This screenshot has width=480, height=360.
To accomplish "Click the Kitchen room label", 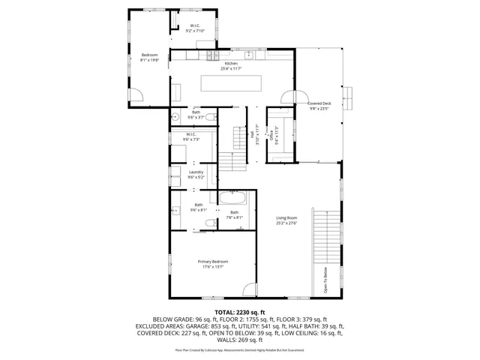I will (x=231, y=64).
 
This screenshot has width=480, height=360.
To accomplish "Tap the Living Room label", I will (x=287, y=218).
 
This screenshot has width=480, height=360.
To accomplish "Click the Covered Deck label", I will (x=319, y=103).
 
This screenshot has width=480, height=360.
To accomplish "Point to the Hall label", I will (x=251, y=134).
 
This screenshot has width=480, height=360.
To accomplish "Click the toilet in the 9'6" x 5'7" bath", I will (x=211, y=117).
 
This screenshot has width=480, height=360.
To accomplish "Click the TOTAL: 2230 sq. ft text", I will (x=240, y=311).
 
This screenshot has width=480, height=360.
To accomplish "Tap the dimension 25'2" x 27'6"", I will (x=287, y=223).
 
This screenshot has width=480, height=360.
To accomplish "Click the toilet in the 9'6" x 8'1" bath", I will (x=211, y=223).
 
